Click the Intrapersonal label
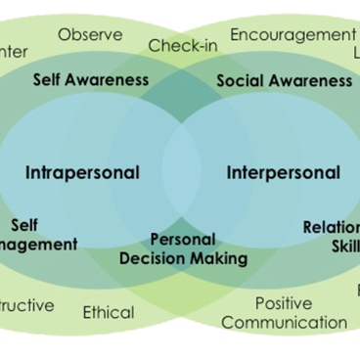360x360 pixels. point(82,173)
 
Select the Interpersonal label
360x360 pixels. point(284,173)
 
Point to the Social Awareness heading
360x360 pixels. point(284,80)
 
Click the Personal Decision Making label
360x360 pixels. point(184,249)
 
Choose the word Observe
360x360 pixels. point(90,35)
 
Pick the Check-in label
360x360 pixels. point(183,45)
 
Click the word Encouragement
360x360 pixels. point(292,35)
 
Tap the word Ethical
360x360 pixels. point(109,312)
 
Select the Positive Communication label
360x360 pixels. point(284,312)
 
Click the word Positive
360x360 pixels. point(284,303)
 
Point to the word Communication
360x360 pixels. point(284,322)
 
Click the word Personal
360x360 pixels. point(184,240)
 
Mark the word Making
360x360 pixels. point(220,259)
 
